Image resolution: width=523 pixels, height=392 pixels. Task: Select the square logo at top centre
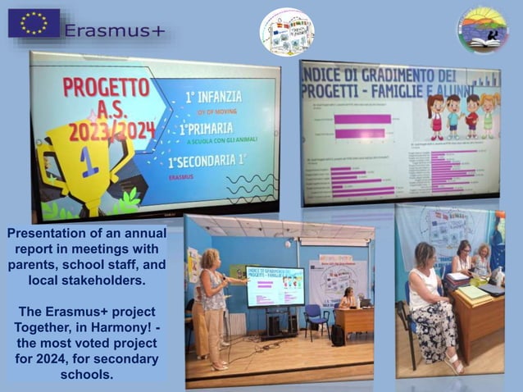pyautogui.click(x=286, y=31)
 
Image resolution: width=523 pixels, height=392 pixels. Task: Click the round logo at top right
pyautogui.click(x=483, y=30)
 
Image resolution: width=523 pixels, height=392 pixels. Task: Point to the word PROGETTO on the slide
pyautogui.click(x=107, y=88)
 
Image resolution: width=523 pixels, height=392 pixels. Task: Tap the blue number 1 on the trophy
pyautogui.click(x=89, y=161)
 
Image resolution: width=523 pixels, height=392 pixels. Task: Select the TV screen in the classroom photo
pyautogui.click(x=274, y=286)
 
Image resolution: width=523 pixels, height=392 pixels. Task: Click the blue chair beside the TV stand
pyautogui.click(x=316, y=321)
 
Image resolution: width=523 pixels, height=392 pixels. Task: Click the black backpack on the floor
pyautogui.click(x=337, y=334)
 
